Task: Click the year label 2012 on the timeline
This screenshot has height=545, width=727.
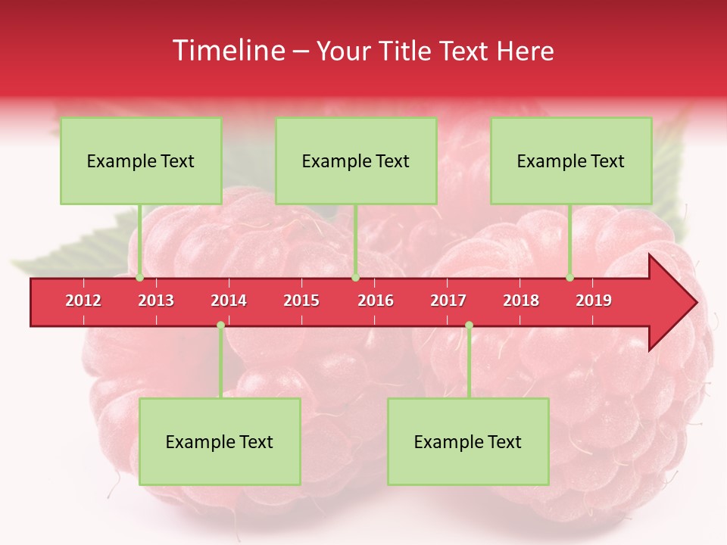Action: pos(83,301)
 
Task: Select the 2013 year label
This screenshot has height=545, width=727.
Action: pos(156,301)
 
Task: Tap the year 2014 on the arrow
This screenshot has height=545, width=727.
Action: pos(229,301)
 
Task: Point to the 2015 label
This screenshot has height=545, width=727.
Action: pos(301,301)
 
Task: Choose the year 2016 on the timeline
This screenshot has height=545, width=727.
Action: pos(376,301)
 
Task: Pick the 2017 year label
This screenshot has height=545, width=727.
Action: pos(448,301)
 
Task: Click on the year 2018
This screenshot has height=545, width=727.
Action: pos(521,301)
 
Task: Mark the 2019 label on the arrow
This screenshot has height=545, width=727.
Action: pos(594,301)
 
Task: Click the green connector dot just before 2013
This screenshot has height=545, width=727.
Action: pos(140,278)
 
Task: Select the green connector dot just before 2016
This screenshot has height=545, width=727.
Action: pos(355,278)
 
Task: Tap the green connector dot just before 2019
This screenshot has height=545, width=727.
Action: pos(570,278)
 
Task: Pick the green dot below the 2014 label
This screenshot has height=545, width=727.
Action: pos(220,325)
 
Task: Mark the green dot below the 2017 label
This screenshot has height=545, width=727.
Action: pos(469,325)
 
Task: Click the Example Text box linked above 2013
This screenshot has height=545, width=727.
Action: pos(141,161)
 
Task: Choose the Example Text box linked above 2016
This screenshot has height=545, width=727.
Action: pos(356,161)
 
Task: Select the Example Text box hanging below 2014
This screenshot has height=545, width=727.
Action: pos(220,442)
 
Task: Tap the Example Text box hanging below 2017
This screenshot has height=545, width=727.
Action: pos(468,442)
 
